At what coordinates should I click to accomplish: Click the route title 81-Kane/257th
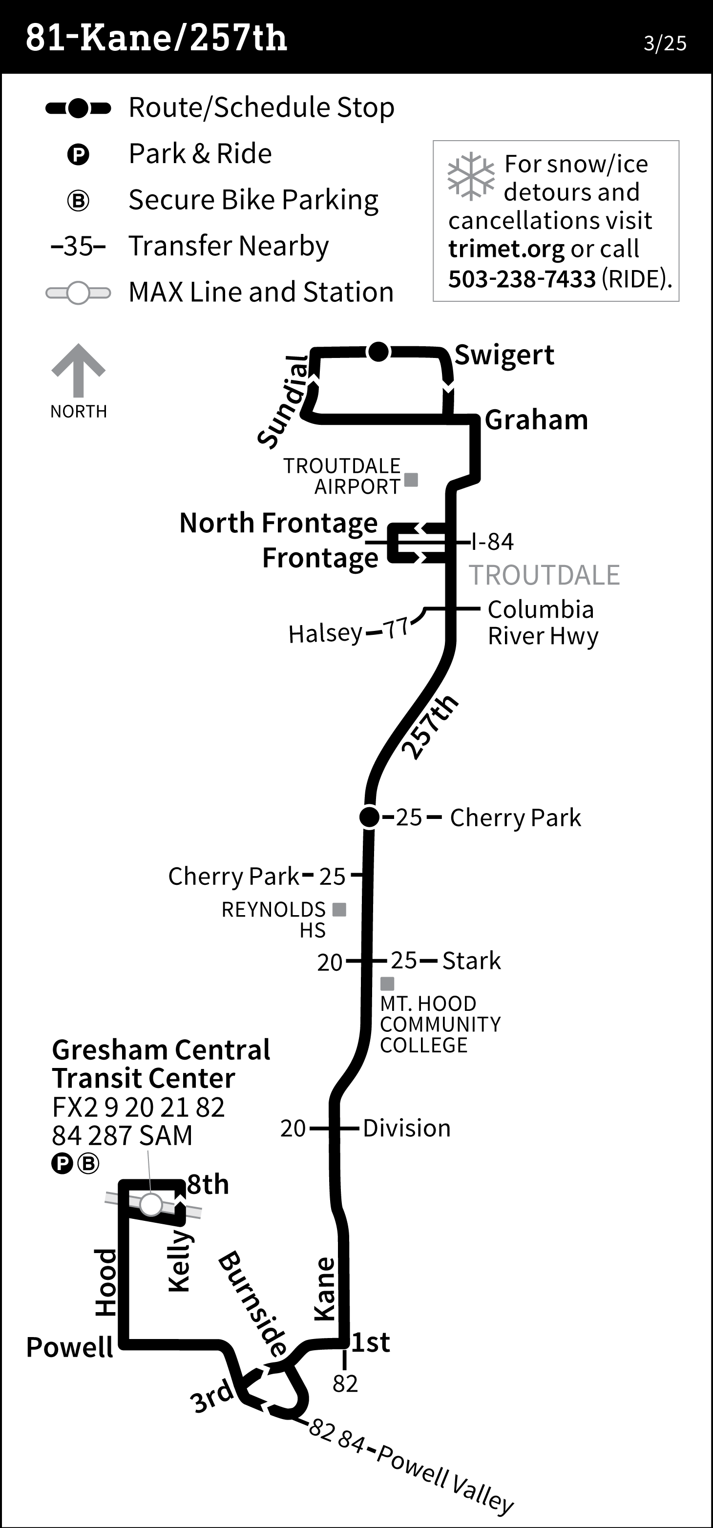click(x=156, y=38)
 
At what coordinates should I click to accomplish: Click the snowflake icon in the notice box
click(x=470, y=176)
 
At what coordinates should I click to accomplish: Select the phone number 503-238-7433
click(x=522, y=279)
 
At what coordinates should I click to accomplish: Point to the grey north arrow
click(x=78, y=370)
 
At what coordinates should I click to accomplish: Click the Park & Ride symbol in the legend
click(x=78, y=155)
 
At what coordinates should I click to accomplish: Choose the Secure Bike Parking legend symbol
click(x=78, y=201)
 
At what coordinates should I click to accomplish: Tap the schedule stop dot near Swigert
click(x=378, y=352)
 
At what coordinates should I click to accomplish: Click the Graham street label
click(x=536, y=420)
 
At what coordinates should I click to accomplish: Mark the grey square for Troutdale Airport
click(x=411, y=479)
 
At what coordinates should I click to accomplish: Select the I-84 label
click(x=492, y=542)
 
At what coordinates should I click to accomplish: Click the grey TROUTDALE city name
click(x=545, y=575)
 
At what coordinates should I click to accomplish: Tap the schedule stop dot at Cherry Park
click(x=369, y=817)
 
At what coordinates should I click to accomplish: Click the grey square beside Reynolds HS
click(x=339, y=909)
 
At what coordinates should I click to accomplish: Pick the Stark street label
click(x=472, y=961)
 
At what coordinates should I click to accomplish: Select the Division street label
click(x=406, y=1128)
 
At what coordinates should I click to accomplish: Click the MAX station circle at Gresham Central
click(x=151, y=1205)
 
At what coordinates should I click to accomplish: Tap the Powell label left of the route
click(x=69, y=1347)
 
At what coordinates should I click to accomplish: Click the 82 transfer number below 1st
click(x=345, y=1384)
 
